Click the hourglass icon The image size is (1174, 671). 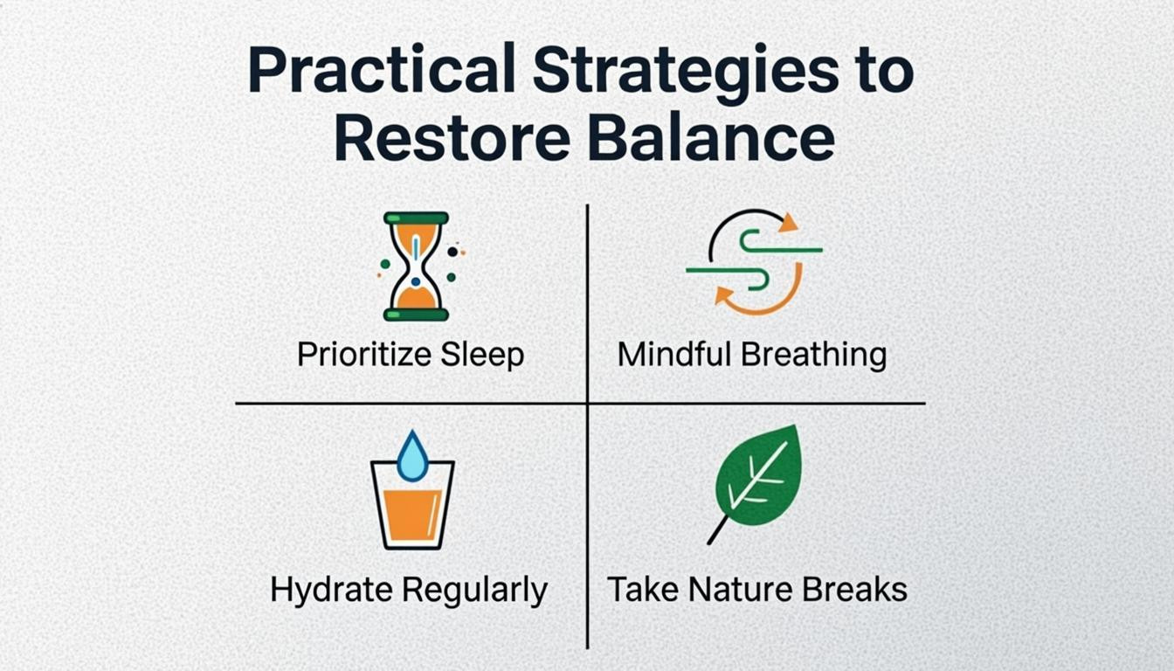417,266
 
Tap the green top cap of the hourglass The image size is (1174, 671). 417,218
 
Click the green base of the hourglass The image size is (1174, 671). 417,314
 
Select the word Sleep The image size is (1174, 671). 482,355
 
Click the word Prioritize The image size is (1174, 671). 364,355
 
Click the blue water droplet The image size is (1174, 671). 412,456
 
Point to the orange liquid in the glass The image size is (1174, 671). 412,514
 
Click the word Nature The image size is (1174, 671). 736,589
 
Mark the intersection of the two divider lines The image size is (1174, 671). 587,404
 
